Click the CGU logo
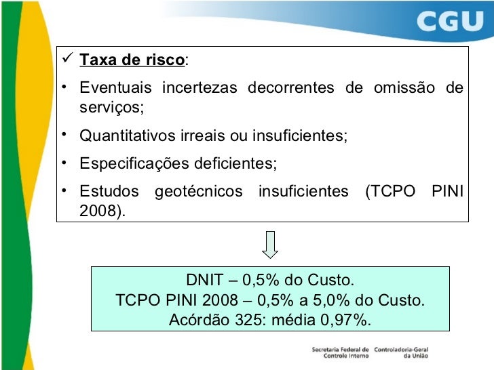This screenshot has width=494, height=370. point(449,23)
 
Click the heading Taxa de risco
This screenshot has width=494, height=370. point(132,62)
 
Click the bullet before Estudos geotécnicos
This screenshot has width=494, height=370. point(63,191)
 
